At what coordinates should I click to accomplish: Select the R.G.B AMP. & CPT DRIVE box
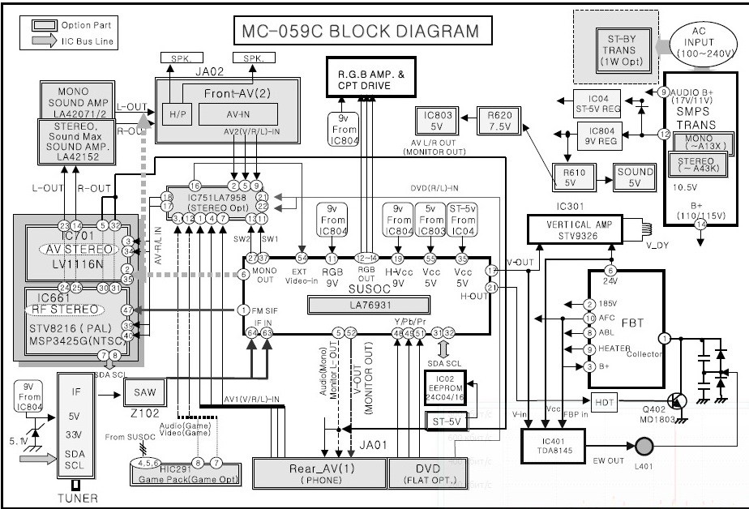tap(370, 78)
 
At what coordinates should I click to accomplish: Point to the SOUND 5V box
tap(636, 178)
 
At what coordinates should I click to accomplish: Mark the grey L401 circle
tap(644, 446)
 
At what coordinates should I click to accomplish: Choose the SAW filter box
tap(144, 393)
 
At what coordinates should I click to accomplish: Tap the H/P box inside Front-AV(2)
tap(178, 114)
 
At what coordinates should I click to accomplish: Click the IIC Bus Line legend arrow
tap(41, 41)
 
